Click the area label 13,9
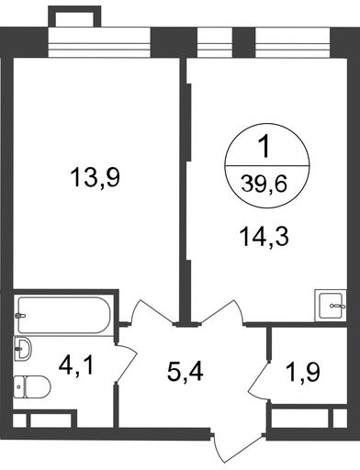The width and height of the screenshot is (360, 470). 95,178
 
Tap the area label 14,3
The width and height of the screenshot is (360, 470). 264,237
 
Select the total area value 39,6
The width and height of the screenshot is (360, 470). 264,185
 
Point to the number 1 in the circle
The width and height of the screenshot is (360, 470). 264,147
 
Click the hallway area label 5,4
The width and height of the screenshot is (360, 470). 186,372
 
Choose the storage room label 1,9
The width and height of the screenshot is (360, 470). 303,372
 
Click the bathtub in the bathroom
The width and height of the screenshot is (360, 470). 64,315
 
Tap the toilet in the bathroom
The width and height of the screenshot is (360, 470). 32,386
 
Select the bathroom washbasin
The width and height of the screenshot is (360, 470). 22,348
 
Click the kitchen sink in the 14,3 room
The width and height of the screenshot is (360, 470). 331,306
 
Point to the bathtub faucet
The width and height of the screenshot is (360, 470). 20,316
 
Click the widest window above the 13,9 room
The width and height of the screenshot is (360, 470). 99,42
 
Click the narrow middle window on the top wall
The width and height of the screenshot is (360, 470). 215,42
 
